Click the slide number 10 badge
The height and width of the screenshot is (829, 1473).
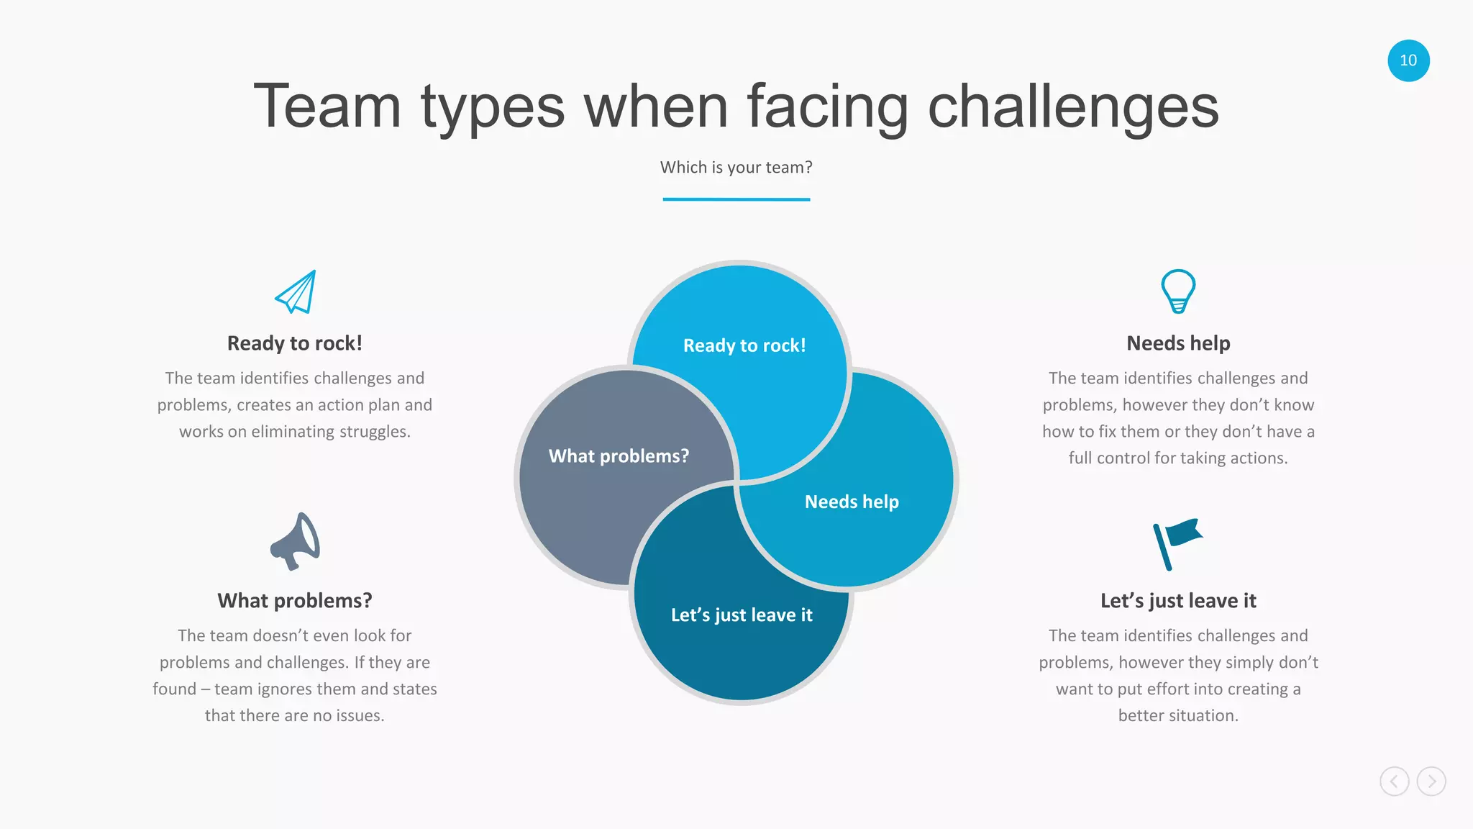(x=1408, y=60)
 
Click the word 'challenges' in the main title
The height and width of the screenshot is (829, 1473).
(x=1073, y=107)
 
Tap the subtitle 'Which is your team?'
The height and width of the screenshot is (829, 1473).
(x=736, y=167)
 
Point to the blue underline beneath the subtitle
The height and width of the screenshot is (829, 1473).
(x=736, y=199)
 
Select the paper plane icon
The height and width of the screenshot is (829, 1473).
(x=296, y=292)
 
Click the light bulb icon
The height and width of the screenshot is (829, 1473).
(x=1178, y=291)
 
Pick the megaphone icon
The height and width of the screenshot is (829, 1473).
(x=295, y=541)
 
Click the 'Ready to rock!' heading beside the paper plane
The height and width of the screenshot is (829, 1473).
(x=295, y=343)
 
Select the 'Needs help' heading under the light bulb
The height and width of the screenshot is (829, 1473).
(x=1178, y=343)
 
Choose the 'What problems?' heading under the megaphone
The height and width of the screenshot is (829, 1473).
(x=295, y=600)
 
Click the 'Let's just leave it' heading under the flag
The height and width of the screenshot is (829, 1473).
(x=1178, y=600)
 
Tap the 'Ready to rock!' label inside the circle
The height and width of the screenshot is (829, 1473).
(x=744, y=345)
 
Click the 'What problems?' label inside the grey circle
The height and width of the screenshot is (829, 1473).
(x=619, y=456)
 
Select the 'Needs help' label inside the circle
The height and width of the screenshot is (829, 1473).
(x=852, y=502)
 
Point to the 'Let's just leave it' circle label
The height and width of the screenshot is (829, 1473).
(x=742, y=615)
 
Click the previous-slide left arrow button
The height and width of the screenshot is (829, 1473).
(x=1394, y=782)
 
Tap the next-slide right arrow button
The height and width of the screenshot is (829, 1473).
(x=1431, y=782)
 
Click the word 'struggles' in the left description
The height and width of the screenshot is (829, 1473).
(x=375, y=432)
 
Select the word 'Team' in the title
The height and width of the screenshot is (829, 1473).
(x=327, y=107)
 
